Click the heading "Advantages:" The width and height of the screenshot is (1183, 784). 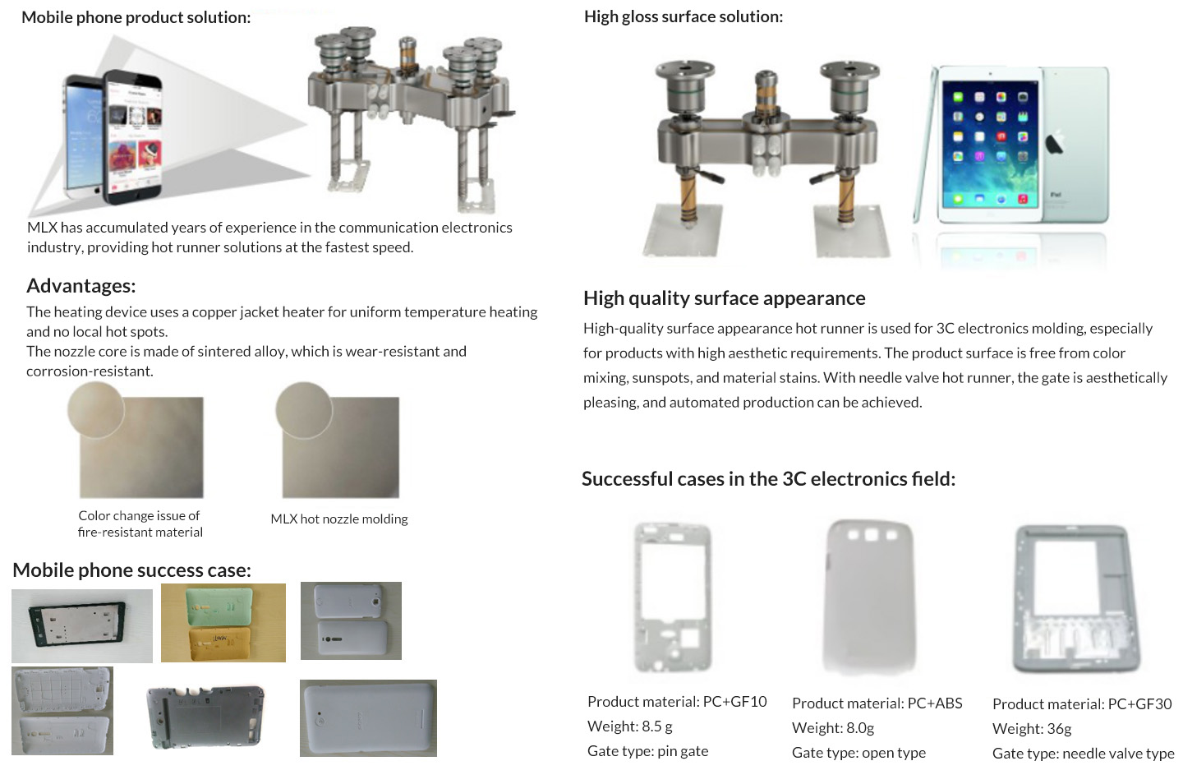(x=81, y=286)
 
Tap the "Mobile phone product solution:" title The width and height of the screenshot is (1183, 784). (x=136, y=17)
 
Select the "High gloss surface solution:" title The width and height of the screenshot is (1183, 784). (x=684, y=17)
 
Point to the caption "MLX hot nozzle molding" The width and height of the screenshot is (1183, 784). (x=339, y=519)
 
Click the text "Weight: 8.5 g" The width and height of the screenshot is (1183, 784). (x=629, y=726)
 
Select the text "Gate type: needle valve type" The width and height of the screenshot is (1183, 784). (x=1083, y=754)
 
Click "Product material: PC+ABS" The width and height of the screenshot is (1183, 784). (x=877, y=703)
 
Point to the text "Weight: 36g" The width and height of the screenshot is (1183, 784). (x=1032, y=729)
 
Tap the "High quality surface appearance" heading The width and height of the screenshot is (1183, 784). (x=724, y=298)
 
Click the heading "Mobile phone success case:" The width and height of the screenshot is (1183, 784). (x=131, y=570)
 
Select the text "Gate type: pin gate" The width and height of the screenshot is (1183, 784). (x=647, y=751)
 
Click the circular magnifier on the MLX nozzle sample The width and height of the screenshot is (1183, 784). (x=304, y=411)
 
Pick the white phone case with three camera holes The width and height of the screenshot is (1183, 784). (x=869, y=597)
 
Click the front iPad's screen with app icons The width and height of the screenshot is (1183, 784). (x=990, y=144)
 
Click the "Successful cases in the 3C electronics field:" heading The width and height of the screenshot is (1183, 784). (x=768, y=479)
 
